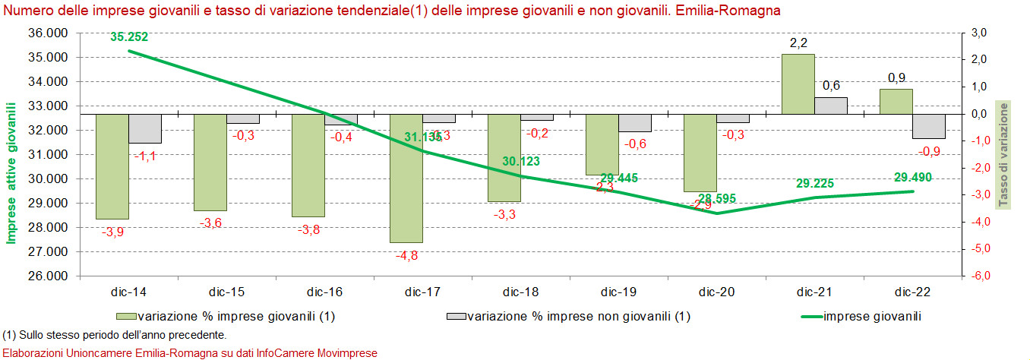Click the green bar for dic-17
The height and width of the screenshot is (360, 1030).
[406, 178]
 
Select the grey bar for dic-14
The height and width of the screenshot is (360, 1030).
[145, 128]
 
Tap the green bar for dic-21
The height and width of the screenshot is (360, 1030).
[798, 84]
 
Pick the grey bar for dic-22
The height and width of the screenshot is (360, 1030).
[929, 126]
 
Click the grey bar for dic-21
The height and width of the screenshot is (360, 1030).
[831, 106]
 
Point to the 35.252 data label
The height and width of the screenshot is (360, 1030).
[129, 36]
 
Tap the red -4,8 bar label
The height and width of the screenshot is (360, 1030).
[407, 255]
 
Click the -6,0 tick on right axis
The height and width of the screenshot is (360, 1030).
[978, 276]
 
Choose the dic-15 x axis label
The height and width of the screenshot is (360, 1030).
[227, 292]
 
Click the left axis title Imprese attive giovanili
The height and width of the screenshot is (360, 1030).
[11, 176]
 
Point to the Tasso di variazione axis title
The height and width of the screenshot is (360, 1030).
[1003, 153]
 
